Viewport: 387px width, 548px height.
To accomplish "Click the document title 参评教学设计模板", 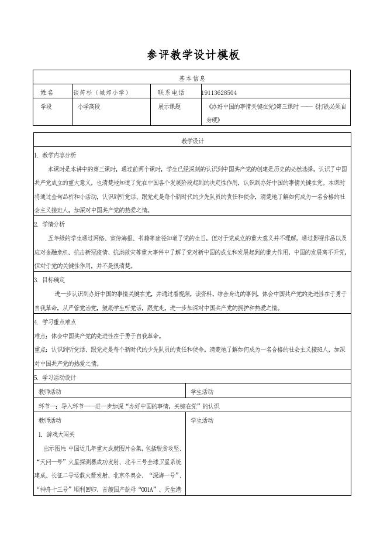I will point(193,55).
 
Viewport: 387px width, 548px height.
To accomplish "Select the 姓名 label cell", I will point(47,93).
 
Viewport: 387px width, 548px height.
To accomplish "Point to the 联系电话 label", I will point(171,93).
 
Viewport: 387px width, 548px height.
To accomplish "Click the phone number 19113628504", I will point(219,93).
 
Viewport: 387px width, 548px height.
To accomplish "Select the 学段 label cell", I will point(46,107).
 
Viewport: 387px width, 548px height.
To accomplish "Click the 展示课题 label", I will point(170,107).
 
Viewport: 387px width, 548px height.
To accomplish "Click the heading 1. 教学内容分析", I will point(55,155).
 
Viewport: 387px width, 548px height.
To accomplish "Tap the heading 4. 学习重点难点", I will point(55,322).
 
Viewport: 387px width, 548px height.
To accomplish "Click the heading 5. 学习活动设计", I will point(55,378).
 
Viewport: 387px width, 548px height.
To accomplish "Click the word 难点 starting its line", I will point(40,336).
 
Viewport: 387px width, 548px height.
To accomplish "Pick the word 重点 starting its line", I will point(40,350).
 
